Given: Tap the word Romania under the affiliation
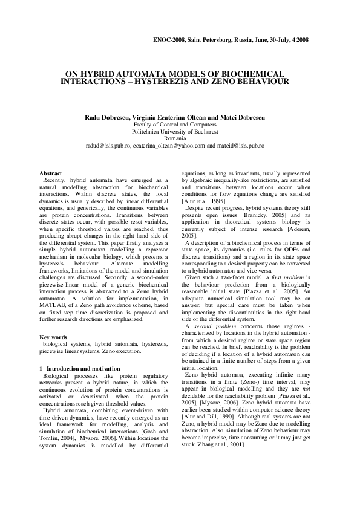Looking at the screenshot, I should [179, 138].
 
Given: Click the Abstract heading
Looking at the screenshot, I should [50, 173].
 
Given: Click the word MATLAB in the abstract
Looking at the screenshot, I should [53, 311].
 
